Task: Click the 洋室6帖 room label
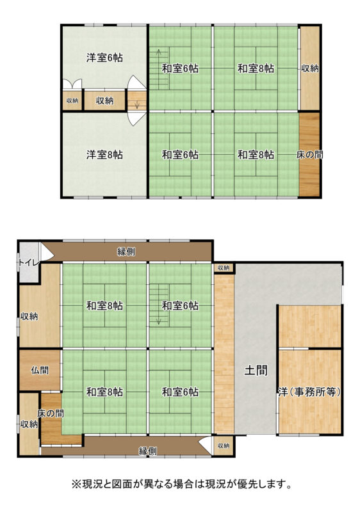click(x=105, y=58)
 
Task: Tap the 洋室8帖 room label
click(x=105, y=154)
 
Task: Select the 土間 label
click(x=256, y=370)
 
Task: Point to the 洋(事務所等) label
click(x=309, y=391)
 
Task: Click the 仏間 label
click(x=40, y=370)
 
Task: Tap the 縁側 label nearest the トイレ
click(x=126, y=252)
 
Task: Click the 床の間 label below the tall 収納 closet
click(x=310, y=154)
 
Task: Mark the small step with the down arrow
click(x=136, y=101)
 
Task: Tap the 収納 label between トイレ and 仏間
click(x=29, y=316)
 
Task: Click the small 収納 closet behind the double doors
click(x=72, y=100)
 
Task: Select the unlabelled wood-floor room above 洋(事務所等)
click(x=309, y=326)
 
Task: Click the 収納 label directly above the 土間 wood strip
click(x=223, y=268)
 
